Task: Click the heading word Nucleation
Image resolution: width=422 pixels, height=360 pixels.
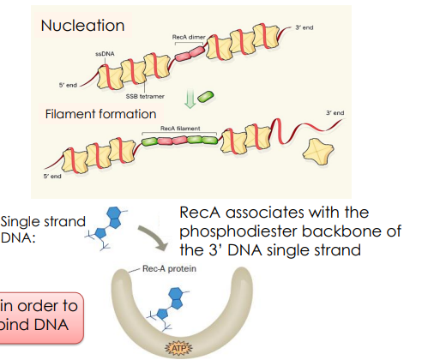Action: click(x=81, y=27)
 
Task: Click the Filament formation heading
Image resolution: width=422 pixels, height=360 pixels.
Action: click(x=100, y=113)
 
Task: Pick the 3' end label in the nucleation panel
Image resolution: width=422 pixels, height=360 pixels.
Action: click(x=304, y=27)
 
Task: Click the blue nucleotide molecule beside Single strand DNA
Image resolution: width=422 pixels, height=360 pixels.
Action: click(x=112, y=225)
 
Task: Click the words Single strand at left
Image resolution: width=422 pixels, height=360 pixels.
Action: click(x=43, y=221)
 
